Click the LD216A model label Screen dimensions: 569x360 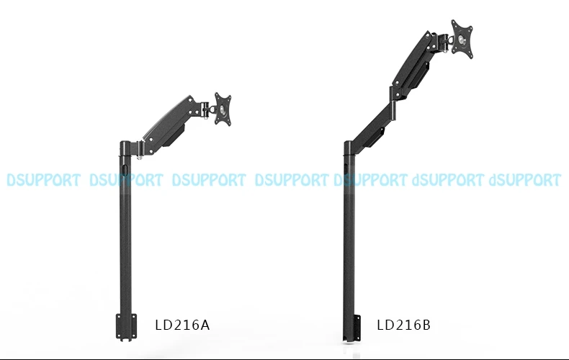pos(182,325)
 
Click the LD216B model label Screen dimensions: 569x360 pos(403,325)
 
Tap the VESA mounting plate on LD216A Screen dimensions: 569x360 pos(223,109)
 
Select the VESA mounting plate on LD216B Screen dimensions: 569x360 pos(462,39)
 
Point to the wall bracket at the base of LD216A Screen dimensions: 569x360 pos(126,327)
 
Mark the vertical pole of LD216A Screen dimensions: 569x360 pos(125,233)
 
